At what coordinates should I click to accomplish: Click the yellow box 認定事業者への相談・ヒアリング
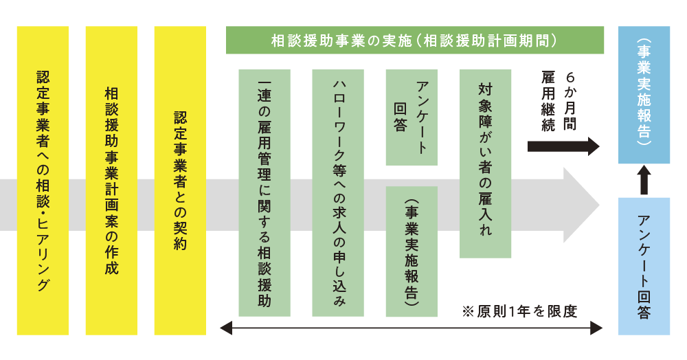coord(43,180)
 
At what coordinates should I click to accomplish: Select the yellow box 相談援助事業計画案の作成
coord(111,180)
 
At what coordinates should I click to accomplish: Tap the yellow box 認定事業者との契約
coord(180,180)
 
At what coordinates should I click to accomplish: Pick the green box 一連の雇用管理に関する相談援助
coord(264,192)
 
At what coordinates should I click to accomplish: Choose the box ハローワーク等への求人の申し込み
coord(337,192)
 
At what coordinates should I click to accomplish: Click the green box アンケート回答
coord(412,117)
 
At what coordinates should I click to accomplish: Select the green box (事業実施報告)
coord(412,251)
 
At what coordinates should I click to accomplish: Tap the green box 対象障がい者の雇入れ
coord(485,164)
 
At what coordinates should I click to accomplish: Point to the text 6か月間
coord(572,101)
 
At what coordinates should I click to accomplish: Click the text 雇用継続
coord(548,101)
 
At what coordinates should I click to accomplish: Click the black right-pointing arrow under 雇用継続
coord(563,146)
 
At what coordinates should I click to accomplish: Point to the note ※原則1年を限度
coord(519,311)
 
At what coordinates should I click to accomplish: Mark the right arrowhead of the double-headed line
coord(597,329)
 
